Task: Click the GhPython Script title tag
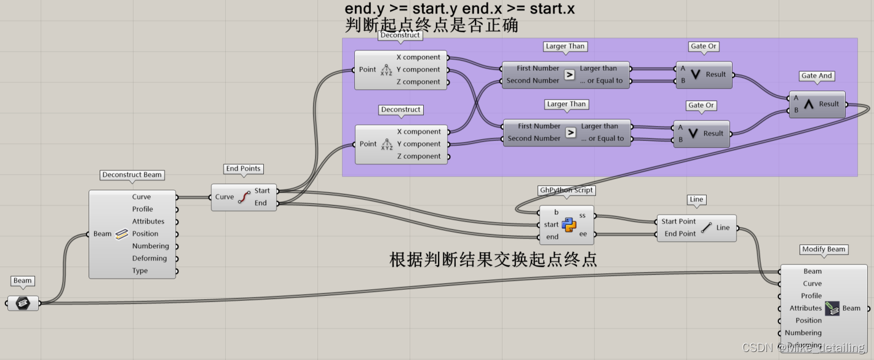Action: coord(566,190)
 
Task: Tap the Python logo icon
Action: coord(569,225)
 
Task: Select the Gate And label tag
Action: coord(817,76)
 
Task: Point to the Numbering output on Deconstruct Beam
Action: coord(150,246)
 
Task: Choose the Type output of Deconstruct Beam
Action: coord(140,271)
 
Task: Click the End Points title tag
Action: coord(244,169)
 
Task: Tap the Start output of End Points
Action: coord(262,191)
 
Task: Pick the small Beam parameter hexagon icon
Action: coord(23,303)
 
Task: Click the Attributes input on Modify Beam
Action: coord(806,308)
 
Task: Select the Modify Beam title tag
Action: coord(824,249)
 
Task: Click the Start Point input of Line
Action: coord(678,222)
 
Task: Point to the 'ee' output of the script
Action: coord(583,234)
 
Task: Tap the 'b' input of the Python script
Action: coord(556,212)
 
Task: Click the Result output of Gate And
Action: coord(828,104)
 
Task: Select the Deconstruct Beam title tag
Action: coord(132,175)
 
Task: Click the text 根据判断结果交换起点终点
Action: coord(493,259)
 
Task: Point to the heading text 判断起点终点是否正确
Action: coord(432,25)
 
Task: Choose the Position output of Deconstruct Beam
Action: coord(145,234)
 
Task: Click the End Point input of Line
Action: coord(680,234)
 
